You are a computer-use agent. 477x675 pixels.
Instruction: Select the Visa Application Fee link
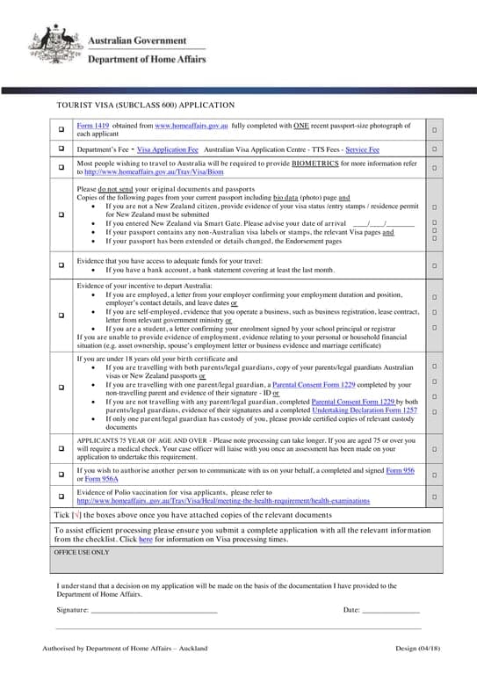168,150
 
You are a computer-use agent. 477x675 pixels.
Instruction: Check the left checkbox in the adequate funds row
61,264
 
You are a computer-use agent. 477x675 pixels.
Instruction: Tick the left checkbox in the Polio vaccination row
61,497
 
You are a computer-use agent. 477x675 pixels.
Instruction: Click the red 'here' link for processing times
146,540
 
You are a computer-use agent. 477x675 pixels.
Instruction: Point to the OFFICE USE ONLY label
82,553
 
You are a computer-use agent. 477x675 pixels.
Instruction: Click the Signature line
154,610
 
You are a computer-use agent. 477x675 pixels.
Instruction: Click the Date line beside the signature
391,610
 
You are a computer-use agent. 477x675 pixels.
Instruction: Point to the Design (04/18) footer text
416,648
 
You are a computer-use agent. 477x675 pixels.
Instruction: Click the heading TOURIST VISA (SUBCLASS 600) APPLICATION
145,105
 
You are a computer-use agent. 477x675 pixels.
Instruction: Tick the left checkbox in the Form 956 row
61,474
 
